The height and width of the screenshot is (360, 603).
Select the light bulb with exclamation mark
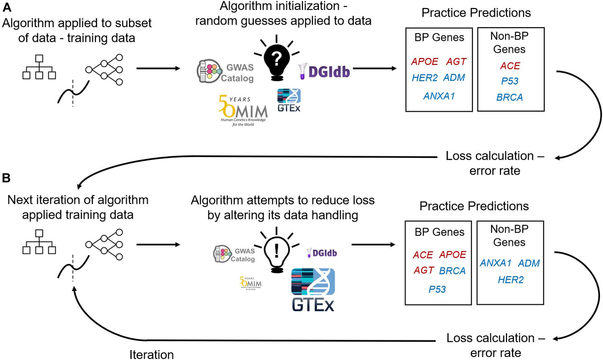[x=275, y=249]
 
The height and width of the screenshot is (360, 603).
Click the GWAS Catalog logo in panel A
[x=224, y=73]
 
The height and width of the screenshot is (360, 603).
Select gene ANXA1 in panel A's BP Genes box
[x=439, y=96]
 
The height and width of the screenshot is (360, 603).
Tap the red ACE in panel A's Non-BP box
[x=510, y=66]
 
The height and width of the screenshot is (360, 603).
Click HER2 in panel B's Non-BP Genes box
[x=511, y=280]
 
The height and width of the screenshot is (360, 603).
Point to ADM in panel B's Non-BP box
[x=529, y=263]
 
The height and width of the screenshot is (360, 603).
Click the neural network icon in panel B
[x=105, y=244]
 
